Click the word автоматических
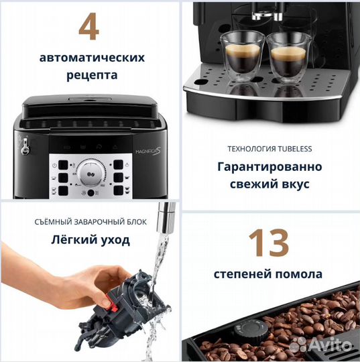tap(88, 58)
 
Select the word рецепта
tap(88, 75)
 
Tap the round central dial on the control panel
tap(87, 172)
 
